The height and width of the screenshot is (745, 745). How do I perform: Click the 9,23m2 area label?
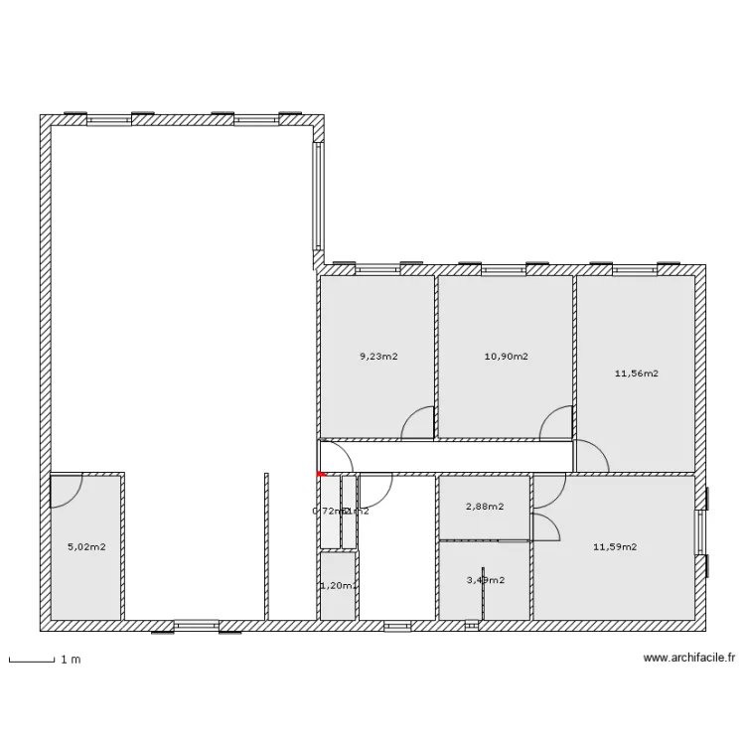(378, 356)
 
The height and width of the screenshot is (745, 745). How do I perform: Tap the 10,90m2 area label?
(507, 356)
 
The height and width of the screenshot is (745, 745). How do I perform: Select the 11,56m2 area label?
(637, 373)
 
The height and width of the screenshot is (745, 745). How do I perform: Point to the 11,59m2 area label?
(615, 546)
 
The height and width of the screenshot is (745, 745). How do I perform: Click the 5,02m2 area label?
(85, 546)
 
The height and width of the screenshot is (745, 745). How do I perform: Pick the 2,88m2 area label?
(484, 507)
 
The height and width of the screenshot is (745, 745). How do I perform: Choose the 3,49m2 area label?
(484, 580)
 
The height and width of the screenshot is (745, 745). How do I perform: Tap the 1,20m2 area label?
(338, 586)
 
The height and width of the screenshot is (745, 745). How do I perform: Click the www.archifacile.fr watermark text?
(689, 658)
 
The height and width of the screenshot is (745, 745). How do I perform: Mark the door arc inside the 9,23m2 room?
(418, 423)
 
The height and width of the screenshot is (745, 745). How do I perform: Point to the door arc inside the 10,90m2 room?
(556, 423)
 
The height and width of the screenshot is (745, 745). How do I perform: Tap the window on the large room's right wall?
(318, 197)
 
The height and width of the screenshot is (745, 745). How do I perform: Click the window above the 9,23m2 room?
(376, 267)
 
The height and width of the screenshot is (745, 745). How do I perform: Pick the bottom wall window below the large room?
(197, 626)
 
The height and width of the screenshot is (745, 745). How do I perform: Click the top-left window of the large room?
(109, 118)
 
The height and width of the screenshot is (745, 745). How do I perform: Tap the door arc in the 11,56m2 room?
(592, 454)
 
